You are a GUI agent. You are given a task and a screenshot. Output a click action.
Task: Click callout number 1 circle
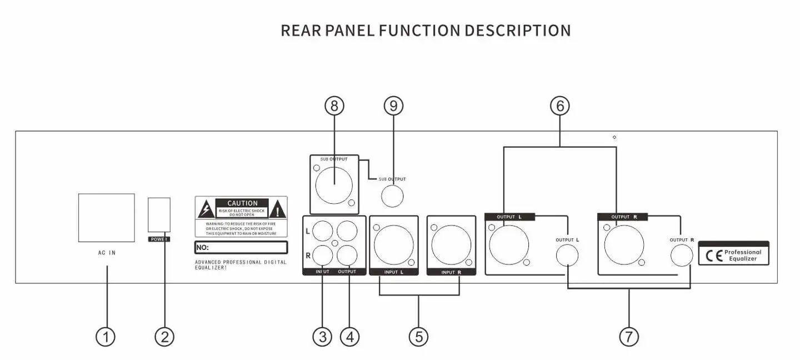pos(105,337)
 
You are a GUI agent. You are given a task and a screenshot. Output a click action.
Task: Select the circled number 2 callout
pos(164,337)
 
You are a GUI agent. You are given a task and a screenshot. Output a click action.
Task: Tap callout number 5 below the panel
pos(418,337)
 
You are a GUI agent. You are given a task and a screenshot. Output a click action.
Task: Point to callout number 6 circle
pos(560,106)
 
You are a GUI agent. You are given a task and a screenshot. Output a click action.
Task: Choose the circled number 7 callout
pos(629,337)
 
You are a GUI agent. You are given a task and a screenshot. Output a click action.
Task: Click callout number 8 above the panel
pos(334,106)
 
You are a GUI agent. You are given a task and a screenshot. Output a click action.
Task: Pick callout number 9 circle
pos(393,106)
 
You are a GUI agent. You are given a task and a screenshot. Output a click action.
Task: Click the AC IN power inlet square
pos(106,218)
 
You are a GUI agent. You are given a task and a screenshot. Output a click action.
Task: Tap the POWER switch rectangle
pos(159,215)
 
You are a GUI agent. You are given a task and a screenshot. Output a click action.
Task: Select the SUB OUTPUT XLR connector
pos(334,184)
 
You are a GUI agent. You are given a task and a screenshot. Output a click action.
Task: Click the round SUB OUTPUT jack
pos(392,196)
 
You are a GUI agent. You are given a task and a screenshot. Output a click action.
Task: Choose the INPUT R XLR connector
pos(451,243)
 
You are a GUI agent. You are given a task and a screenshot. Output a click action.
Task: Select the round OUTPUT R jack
pos(682,256)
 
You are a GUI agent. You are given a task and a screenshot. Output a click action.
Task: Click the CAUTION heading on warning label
pos(242,203)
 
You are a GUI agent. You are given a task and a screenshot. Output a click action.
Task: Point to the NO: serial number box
pos(241,247)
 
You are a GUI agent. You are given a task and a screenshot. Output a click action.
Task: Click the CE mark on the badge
pos(713,256)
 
